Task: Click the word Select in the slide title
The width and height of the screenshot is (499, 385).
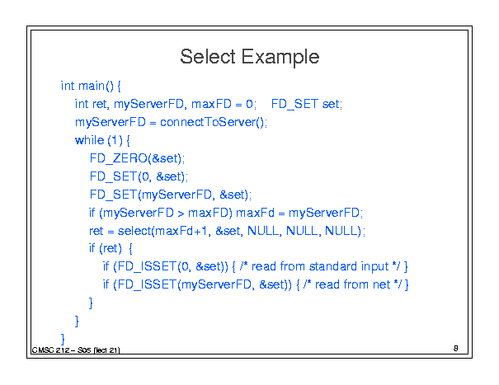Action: tap(207, 57)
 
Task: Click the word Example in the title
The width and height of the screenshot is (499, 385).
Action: tap(280, 58)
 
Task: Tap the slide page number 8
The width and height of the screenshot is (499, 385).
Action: tap(456, 349)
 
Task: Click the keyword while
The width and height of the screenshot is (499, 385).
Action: tap(89, 140)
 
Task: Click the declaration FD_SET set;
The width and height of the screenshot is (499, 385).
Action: tap(307, 104)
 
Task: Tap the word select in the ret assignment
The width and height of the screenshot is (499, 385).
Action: tap(134, 231)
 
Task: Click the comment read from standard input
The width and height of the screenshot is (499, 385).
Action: tap(321, 266)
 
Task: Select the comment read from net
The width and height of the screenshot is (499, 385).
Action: tap(353, 284)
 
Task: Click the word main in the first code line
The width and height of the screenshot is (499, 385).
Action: tap(92, 86)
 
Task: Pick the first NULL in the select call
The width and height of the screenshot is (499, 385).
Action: tap(263, 231)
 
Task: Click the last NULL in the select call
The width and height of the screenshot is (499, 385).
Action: tap(341, 231)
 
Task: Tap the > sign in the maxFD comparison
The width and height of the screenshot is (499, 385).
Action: tap(181, 214)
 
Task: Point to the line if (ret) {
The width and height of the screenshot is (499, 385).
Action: tap(111, 248)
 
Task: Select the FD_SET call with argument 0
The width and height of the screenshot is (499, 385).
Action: tap(138, 176)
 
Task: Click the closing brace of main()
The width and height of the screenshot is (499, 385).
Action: tap(63, 339)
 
